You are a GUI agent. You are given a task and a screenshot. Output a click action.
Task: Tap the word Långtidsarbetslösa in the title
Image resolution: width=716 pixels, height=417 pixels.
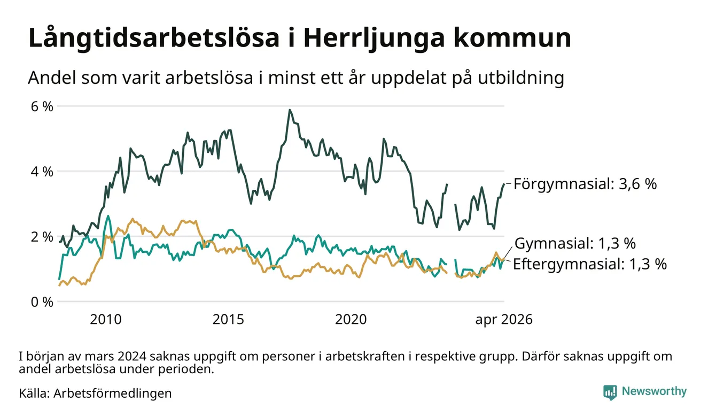click(154, 38)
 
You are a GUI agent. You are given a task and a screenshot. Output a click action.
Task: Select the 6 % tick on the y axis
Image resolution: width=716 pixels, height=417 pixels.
click(42, 106)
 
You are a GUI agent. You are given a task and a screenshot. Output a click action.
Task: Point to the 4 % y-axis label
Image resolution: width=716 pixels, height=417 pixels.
click(42, 172)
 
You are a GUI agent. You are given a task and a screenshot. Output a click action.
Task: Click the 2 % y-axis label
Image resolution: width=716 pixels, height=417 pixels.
click(42, 237)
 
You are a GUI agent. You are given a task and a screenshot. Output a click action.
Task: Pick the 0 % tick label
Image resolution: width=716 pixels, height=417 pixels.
click(42, 302)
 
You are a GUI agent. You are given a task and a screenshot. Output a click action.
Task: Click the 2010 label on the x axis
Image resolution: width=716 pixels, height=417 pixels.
click(106, 320)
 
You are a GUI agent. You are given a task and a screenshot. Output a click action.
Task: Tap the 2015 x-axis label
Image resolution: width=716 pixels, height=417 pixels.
click(228, 320)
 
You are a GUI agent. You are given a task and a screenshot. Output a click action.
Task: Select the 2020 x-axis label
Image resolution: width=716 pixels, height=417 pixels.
click(351, 320)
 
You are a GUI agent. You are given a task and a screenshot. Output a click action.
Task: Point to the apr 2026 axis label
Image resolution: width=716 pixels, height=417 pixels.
click(504, 320)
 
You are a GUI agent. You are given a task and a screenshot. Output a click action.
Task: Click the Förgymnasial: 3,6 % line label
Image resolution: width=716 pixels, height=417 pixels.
click(585, 184)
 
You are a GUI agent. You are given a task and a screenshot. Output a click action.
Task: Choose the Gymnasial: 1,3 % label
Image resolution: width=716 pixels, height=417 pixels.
click(575, 244)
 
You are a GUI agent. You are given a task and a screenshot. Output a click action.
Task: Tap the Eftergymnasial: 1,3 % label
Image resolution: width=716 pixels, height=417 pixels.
click(590, 265)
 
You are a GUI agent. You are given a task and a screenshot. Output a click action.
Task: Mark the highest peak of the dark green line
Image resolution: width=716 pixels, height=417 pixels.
click(290, 110)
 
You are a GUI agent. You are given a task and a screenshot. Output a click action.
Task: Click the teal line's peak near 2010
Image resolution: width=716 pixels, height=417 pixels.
click(108, 216)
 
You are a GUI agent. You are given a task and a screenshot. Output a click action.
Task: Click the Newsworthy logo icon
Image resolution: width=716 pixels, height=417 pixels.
click(610, 392)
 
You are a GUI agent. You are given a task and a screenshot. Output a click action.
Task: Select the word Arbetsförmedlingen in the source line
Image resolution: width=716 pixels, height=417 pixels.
click(113, 393)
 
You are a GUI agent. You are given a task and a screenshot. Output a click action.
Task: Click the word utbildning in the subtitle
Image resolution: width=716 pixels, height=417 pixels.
click(520, 78)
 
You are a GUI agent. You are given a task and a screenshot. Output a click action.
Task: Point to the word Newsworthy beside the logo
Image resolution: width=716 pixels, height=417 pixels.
click(654, 391)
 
